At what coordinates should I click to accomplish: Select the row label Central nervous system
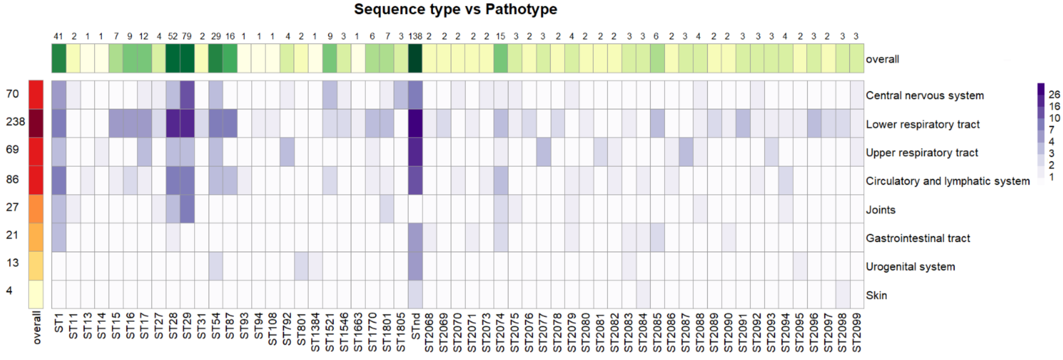pyautogui.click(x=924, y=95)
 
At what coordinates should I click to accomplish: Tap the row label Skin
pyautogui.click(x=876, y=295)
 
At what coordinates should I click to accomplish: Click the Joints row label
pyautogui.click(x=880, y=210)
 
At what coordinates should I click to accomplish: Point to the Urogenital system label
pyautogui.click(x=910, y=267)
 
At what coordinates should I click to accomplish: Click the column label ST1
pyautogui.click(x=59, y=323)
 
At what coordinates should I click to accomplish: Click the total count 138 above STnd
pyautogui.click(x=415, y=36)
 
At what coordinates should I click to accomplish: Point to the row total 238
pyautogui.click(x=15, y=122)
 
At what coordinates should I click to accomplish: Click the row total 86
pyautogui.click(x=12, y=179)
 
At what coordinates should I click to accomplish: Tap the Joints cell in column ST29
pyautogui.click(x=187, y=209)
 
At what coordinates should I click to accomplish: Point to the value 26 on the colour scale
pyautogui.click(x=1054, y=95)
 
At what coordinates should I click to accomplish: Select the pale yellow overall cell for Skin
pyautogui.click(x=36, y=294)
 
